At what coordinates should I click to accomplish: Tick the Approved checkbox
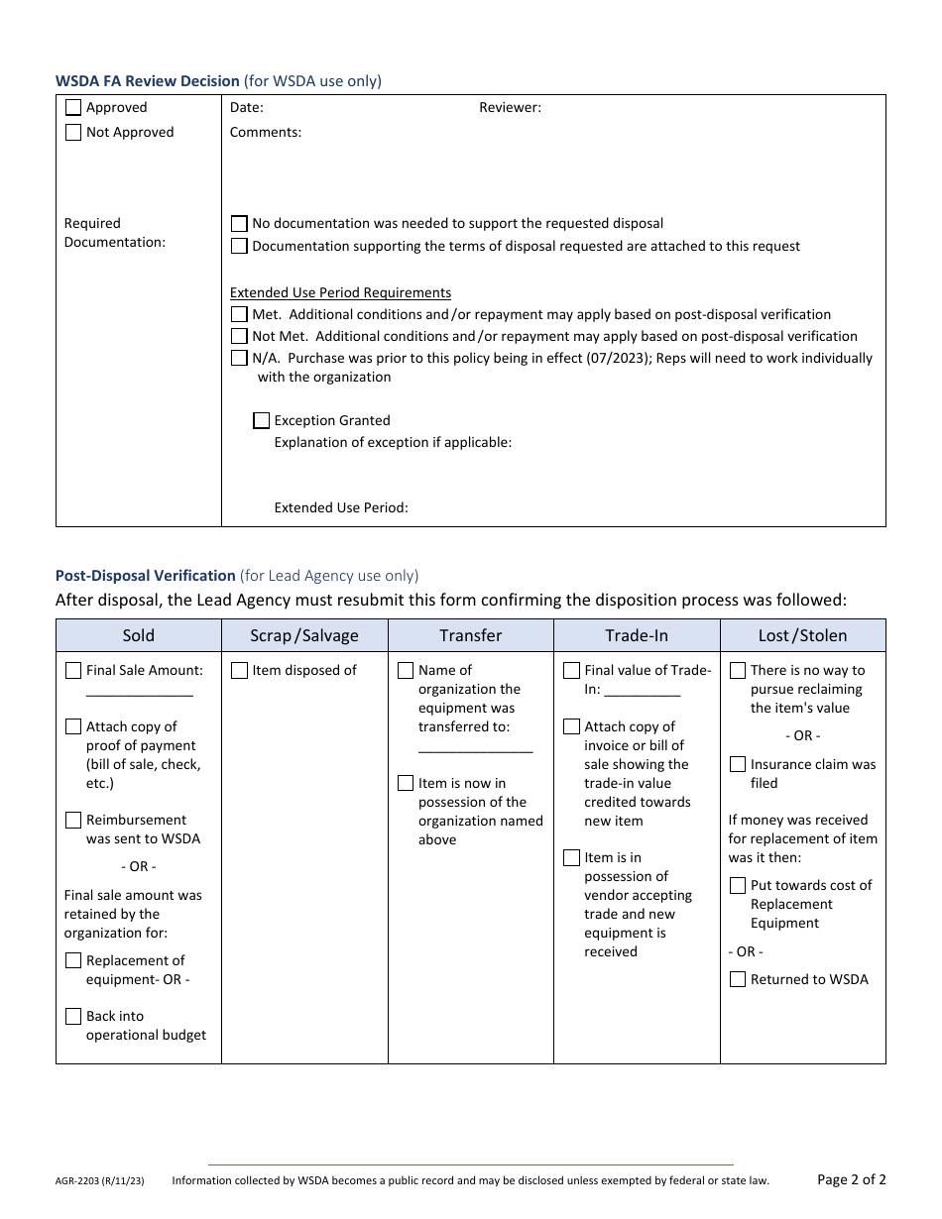pos(73,108)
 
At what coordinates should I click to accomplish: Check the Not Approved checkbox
pos(73,133)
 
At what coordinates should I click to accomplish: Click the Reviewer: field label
pos(510,108)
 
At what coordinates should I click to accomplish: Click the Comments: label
pos(266,133)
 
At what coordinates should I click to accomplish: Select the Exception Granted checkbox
pos(262,421)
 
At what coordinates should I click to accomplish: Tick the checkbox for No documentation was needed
pos(239,224)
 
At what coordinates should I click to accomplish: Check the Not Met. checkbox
pos(239,337)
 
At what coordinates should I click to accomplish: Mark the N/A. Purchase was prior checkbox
pos(239,359)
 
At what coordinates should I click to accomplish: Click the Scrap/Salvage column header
pos(304,636)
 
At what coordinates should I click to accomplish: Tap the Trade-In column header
pos(637,636)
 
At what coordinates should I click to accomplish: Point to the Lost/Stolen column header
pos(802,636)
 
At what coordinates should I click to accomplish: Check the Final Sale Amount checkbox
pos(73,671)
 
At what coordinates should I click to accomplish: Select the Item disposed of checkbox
pos(239,671)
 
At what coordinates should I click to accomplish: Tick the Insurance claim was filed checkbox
pos(738,765)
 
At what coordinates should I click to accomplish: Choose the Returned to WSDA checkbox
pos(738,980)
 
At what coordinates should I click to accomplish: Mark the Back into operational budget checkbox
pos(73,1017)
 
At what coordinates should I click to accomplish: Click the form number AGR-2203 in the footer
pos(99,1181)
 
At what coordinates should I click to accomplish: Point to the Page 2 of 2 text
pos(851,1179)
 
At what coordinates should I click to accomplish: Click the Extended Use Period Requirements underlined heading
pos(340,293)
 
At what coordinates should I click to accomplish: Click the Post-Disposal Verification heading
pos(146,576)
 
